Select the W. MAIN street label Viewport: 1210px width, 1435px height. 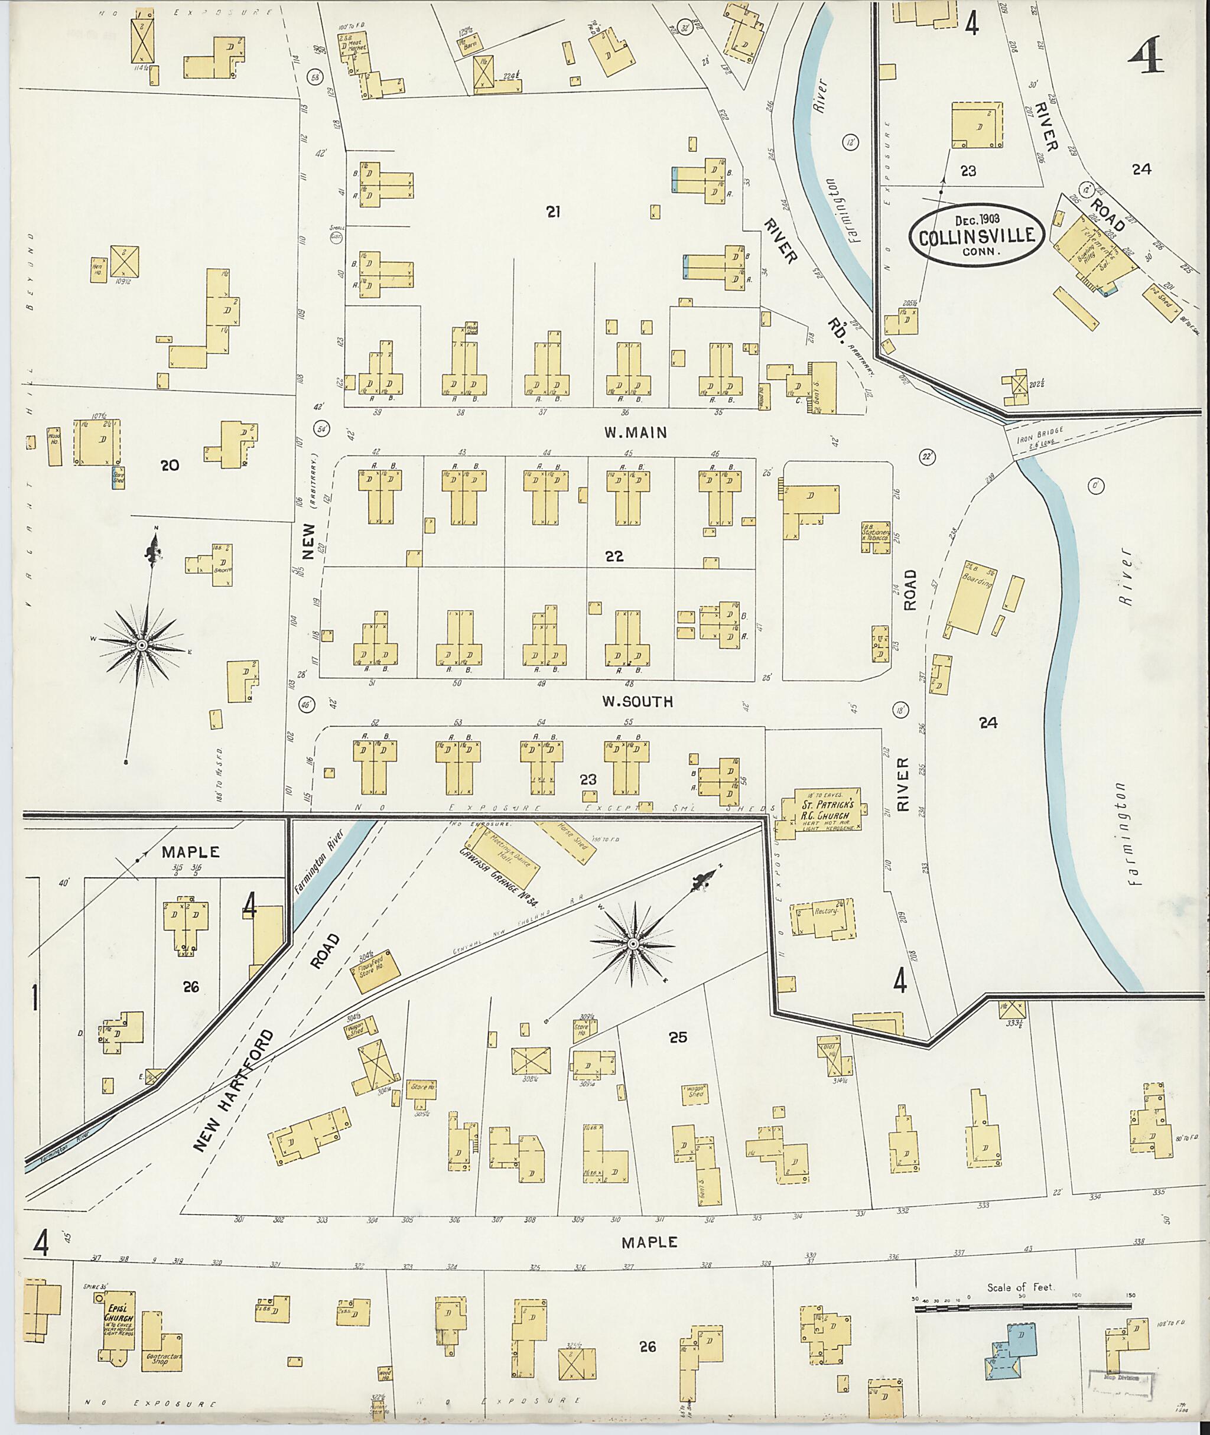coord(635,432)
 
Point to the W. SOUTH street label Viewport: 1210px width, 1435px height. coord(637,702)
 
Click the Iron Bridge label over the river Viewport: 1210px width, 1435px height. coord(1035,434)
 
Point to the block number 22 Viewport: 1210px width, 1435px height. coord(614,557)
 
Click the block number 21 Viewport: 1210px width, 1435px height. coord(553,213)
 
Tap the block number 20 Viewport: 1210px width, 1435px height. coord(170,466)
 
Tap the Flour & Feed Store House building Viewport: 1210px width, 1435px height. coord(376,972)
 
